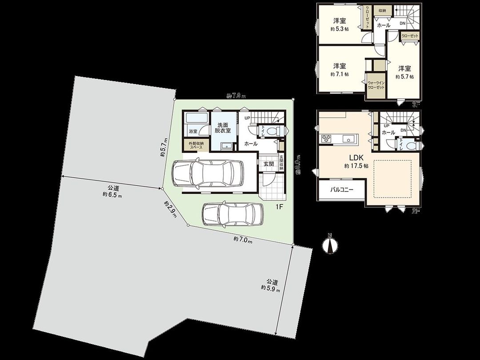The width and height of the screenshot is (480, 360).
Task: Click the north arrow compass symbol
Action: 329,244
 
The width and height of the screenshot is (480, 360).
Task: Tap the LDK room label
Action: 356,158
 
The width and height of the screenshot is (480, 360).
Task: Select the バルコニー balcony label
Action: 341,189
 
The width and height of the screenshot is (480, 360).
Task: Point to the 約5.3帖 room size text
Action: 340,29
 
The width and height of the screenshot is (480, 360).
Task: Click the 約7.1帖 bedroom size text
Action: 340,74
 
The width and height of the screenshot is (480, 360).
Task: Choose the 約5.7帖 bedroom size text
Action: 404,76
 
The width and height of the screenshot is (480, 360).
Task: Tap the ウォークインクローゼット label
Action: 376,85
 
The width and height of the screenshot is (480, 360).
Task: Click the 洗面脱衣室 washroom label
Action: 222,128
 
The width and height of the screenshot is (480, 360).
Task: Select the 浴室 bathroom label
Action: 192,132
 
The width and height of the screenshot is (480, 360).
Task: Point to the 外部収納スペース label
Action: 196,145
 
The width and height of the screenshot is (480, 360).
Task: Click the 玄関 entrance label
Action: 268,164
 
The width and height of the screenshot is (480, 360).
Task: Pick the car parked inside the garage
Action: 207,173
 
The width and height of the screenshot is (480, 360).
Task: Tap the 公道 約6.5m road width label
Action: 112,191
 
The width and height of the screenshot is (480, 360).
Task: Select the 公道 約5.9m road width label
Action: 271,285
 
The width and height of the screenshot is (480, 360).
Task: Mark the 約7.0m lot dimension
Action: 242,240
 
